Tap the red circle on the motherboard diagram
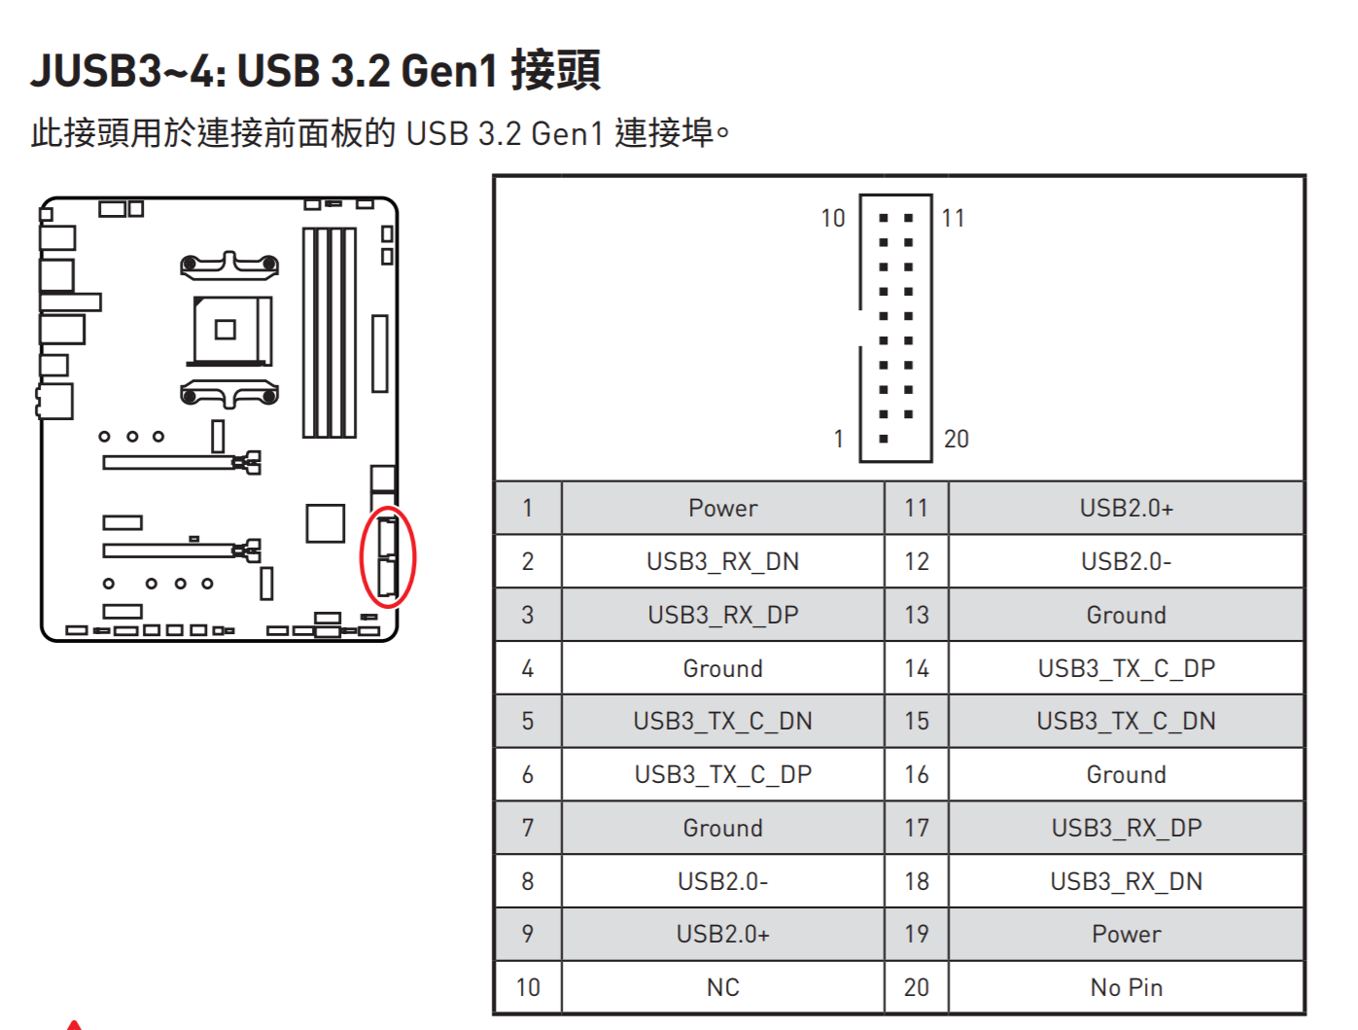coord(388,557)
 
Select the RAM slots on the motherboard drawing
coord(329,333)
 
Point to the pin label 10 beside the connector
coord(832,219)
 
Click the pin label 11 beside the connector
coord(953,219)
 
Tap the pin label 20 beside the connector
coord(956,440)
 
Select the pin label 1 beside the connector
coord(838,440)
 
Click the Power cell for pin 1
coord(722,508)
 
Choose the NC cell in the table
coord(722,987)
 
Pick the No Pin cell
coord(1126,987)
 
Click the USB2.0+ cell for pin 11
coord(1126,508)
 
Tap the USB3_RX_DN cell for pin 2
coord(722,561)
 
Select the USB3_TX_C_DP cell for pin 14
coord(1126,668)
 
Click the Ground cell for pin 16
coord(1126,774)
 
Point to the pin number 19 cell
coord(916,934)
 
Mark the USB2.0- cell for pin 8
coord(722,881)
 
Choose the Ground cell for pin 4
coord(722,668)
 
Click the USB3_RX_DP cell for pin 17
coord(1126,828)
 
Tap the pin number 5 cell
coord(528,721)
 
